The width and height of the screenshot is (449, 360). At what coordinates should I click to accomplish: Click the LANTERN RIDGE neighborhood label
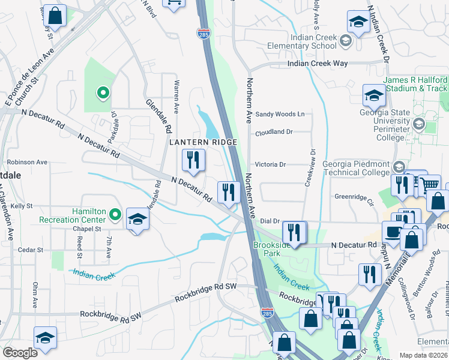point(203,142)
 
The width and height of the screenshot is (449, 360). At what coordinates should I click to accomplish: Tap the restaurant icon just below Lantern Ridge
point(193,160)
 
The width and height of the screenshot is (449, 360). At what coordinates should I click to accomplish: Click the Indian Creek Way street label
point(317,63)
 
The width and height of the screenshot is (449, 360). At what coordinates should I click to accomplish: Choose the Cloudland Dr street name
point(273,133)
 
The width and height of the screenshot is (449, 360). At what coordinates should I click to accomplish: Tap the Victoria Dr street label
point(271,164)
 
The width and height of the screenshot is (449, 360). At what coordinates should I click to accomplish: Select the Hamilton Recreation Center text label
point(89,216)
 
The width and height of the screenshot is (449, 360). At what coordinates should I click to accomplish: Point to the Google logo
point(20,353)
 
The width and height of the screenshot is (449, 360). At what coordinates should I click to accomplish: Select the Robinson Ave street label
point(27,162)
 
